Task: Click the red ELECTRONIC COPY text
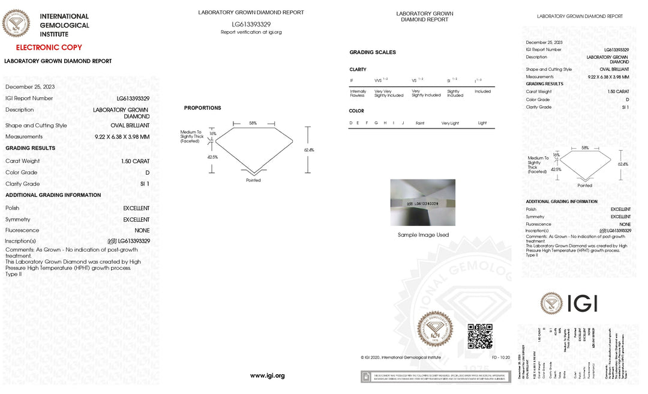click(x=49, y=47)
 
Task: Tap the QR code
click(x=480, y=336)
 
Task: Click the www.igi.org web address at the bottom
click(x=267, y=376)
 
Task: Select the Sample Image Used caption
click(x=423, y=235)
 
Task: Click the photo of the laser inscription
click(x=423, y=202)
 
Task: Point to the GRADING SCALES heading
click(x=373, y=52)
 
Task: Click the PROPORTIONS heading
click(x=202, y=108)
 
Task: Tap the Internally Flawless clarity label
click(x=358, y=93)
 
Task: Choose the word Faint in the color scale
click(x=420, y=123)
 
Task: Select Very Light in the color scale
click(x=450, y=123)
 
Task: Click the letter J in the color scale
click(x=403, y=123)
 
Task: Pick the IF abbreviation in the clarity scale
click(x=352, y=80)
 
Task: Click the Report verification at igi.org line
click(x=251, y=32)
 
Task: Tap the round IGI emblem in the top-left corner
click(x=16, y=24)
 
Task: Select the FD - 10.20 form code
click(x=500, y=357)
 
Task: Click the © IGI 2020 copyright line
click(x=401, y=357)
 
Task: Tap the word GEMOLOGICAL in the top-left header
click(x=64, y=25)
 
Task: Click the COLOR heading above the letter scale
click(x=356, y=111)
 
